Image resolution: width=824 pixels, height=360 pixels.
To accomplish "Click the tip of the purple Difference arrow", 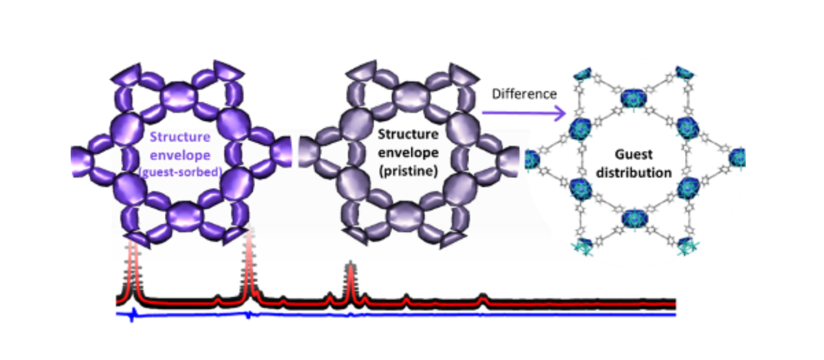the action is pyautogui.click(x=566, y=112).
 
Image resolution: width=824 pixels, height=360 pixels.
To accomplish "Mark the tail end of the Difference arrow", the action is pyautogui.click(x=483, y=112).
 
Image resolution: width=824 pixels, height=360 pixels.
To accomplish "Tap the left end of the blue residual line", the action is pyautogui.click(x=117, y=314).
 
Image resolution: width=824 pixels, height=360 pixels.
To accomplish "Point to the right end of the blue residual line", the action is pyautogui.click(x=675, y=314).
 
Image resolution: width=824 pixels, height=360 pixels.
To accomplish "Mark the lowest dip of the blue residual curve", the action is pyautogui.click(x=132, y=321).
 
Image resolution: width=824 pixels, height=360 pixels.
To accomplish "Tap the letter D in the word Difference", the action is pyautogui.click(x=496, y=94).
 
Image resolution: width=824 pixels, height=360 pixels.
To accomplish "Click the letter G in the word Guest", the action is pyautogui.click(x=620, y=154).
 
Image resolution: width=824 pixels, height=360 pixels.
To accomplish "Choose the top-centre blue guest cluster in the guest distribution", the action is pyautogui.click(x=634, y=98).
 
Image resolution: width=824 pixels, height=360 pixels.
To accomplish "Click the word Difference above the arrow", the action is pyautogui.click(x=525, y=94).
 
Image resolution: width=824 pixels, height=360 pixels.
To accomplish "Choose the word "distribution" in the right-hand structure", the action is pyautogui.click(x=634, y=172).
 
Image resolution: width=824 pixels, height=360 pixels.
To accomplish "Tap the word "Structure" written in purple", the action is pyautogui.click(x=180, y=137).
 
